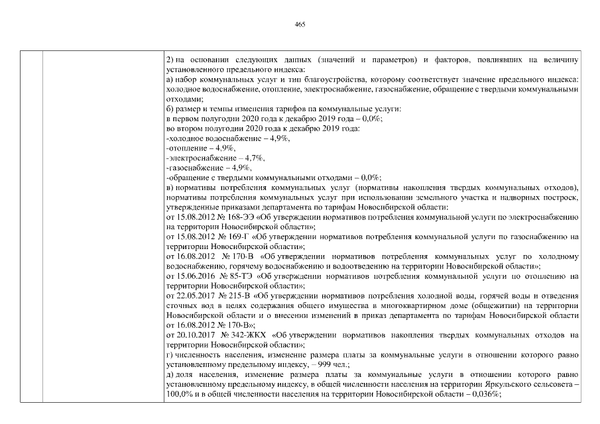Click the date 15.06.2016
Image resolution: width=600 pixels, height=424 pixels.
pyautogui.click(x=193, y=276)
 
